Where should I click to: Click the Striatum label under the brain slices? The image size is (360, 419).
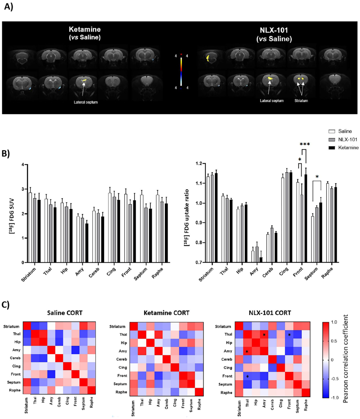point(302,100)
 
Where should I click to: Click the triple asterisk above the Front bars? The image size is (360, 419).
point(305,144)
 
